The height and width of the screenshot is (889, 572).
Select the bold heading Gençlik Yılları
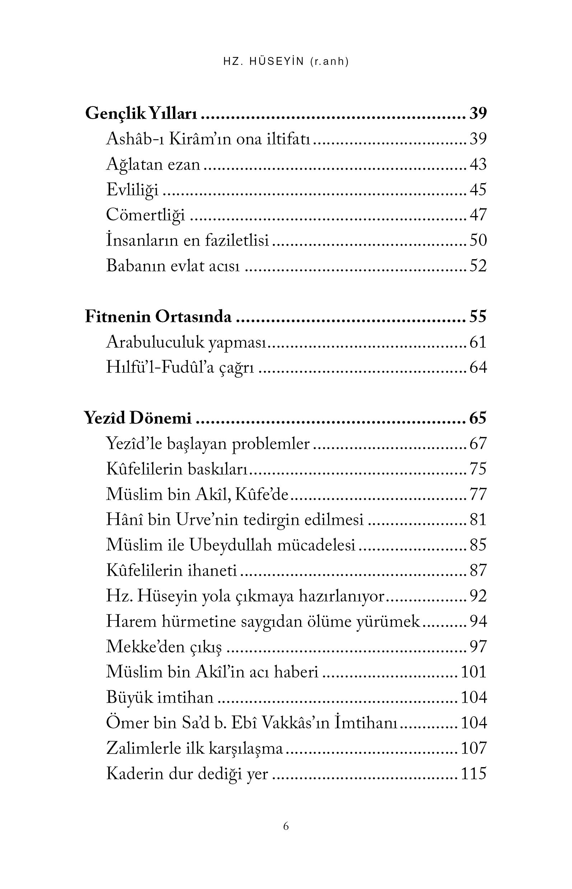tap(141, 114)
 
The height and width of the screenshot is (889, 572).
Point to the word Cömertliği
tap(146, 215)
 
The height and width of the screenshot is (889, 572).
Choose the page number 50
tap(478, 241)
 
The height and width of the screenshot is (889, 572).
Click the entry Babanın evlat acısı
tap(173, 266)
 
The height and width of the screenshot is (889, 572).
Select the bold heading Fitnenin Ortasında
tap(158, 317)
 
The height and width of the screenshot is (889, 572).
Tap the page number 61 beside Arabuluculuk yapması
tap(478, 342)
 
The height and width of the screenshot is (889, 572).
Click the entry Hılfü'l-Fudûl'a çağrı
tap(180, 367)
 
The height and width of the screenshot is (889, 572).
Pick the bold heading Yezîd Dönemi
tap(138, 418)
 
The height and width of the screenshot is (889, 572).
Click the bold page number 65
tap(478, 418)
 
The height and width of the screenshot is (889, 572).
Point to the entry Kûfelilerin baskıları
tap(177, 469)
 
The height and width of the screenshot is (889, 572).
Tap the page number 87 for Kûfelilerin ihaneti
tap(478, 570)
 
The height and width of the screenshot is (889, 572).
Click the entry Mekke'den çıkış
tap(164, 647)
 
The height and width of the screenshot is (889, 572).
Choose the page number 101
tap(474, 672)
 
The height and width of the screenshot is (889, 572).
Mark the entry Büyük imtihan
tap(160, 698)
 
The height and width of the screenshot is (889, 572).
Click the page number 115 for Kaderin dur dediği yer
tap(474, 774)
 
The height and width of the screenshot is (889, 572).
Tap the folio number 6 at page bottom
tap(286, 826)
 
